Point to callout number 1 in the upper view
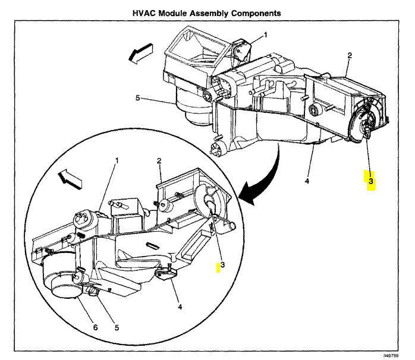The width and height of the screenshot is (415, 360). pos(265,35)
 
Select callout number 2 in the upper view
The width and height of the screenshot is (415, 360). pos(350,55)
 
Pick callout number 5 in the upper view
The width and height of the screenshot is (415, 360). pos(138,98)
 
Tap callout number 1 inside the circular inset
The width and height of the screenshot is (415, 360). pos(117,160)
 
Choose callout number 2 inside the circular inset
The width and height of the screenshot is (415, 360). pos(159,161)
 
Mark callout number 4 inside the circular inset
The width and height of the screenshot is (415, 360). pos(179,307)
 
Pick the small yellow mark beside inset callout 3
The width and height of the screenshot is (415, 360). pos(218,269)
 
